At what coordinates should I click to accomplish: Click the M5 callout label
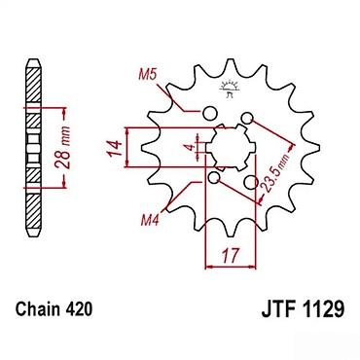point(148,75)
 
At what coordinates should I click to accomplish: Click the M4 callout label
point(150,221)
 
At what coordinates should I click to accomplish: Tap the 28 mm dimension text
point(63,147)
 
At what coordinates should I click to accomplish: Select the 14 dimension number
point(115,148)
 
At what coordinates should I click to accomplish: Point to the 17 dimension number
point(231,256)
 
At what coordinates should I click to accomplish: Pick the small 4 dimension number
point(192,147)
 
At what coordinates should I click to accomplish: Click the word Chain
point(38,309)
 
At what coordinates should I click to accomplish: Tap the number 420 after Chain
point(79,309)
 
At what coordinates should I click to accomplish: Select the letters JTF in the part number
point(279,309)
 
